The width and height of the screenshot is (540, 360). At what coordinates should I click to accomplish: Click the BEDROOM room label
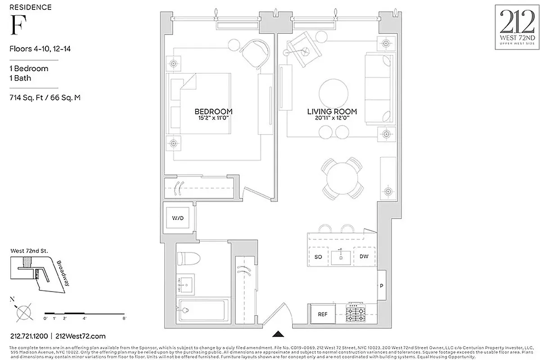213,111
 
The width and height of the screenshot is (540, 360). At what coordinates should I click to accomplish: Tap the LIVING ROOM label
332,111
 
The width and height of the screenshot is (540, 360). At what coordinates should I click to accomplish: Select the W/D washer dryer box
178,218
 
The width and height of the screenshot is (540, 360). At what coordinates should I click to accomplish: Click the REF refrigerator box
323,314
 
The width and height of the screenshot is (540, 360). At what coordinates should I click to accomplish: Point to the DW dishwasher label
364,256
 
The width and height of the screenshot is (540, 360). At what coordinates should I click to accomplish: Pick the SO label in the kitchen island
318,256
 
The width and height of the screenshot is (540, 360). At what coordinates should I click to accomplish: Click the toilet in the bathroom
186,258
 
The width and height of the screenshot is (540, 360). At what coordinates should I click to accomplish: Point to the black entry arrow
279,333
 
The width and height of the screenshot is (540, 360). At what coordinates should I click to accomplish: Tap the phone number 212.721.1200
29,336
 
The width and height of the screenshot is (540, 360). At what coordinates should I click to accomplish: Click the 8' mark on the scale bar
124,318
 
